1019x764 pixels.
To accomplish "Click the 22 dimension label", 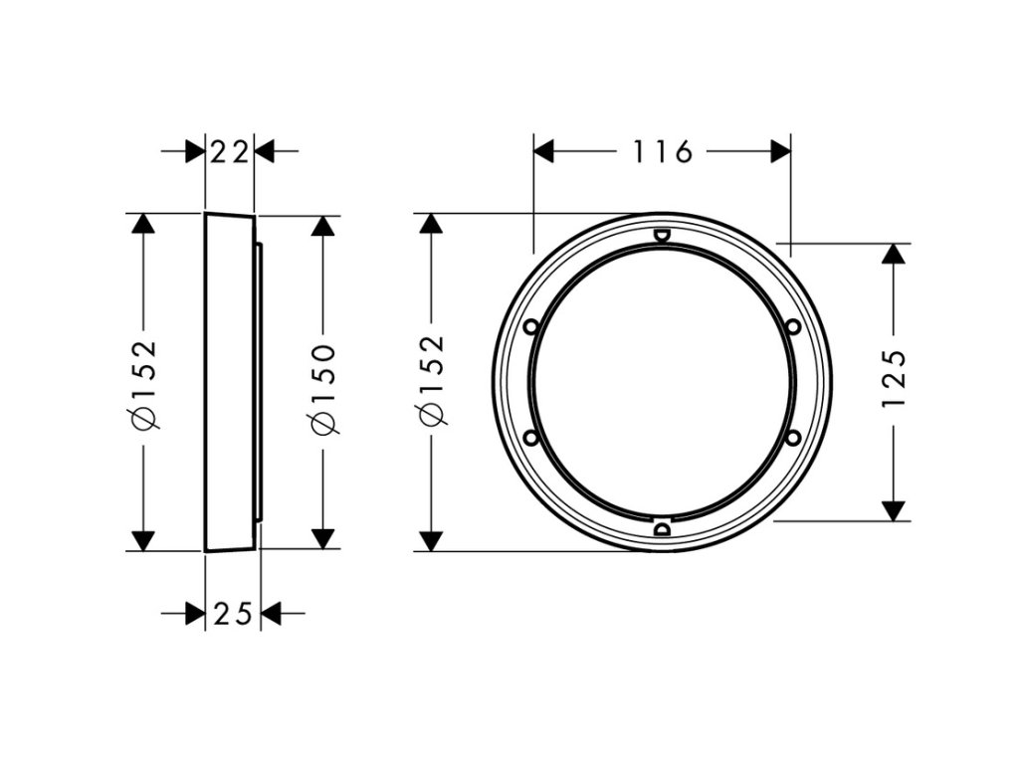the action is point(230,152).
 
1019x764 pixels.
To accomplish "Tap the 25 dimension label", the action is point(233,615).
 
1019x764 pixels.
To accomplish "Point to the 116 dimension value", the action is point(662,152).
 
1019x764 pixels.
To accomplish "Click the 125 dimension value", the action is point(895,379).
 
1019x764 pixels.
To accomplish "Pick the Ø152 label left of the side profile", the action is point(145,384).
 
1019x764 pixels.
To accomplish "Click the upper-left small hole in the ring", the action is point(529,325).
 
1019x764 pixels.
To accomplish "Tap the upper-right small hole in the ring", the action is point(793,325).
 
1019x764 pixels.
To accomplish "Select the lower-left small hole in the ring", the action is point(529,437).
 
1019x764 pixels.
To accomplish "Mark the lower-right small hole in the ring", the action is point(793,437).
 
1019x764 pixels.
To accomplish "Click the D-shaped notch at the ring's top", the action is point(662,236).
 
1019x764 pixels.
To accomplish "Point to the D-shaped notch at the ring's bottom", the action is point(662,528).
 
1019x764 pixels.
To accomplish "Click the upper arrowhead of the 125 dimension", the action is point(896,253).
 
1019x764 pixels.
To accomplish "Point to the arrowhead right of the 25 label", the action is point(270,615).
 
